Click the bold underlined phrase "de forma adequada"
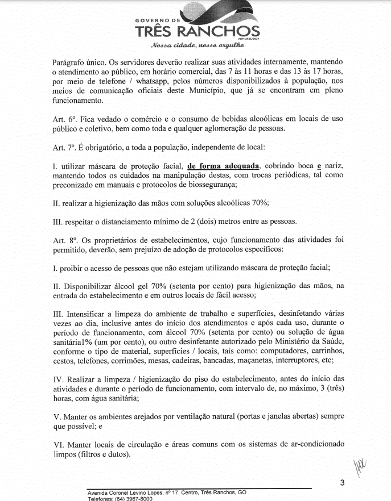tap(223, 165)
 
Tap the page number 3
tap(341, 483)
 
